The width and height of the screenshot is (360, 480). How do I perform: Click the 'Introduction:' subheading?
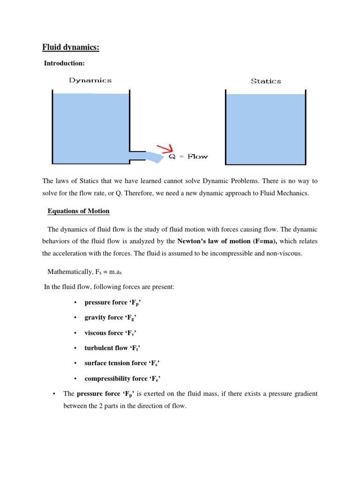pyautogui.click(x=65, y=63)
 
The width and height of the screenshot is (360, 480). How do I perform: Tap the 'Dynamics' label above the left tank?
pyautogui.click(x=90, y=80)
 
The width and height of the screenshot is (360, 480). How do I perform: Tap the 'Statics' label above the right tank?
pyautogui.click(x=266, y=81)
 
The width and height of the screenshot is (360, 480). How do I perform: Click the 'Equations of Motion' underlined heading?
pyautogui.click(x=78, y=211)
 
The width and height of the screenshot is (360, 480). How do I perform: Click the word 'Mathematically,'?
pyautogui.click(x=68, y=271)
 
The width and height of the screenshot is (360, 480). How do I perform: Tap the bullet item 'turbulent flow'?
pyautogui.click(x=112, y=348)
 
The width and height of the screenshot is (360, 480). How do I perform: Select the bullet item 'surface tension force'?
pyautogui.click(x=123, y=363)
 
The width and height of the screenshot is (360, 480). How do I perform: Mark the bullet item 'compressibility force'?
pyautogui.click(x=124, y=378)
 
